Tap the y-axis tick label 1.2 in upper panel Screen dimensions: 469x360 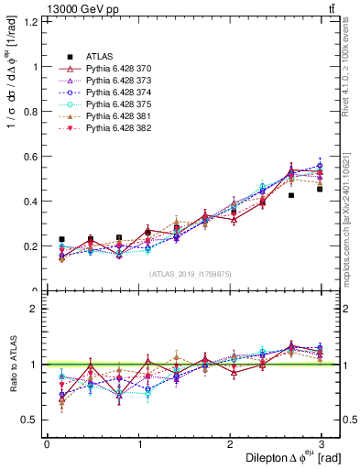tap(28, 21)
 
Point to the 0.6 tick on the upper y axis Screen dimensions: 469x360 tap(28, 156)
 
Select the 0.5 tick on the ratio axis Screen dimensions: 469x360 tap(28, 420)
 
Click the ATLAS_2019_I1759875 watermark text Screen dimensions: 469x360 tap(191, 274)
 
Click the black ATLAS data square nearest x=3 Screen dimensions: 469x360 tap(320, 189)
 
